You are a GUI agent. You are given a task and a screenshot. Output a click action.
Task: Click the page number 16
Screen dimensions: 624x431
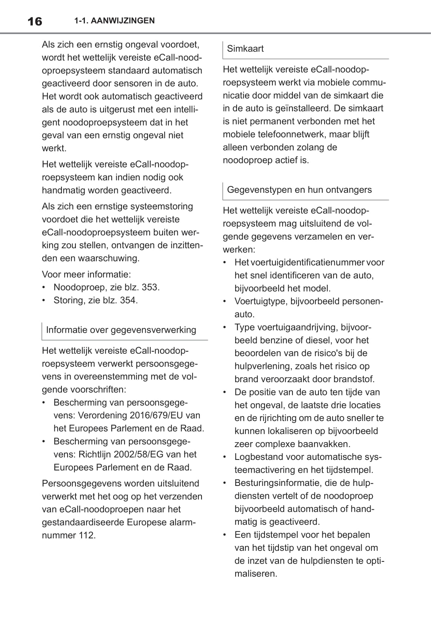[x=35, y=22]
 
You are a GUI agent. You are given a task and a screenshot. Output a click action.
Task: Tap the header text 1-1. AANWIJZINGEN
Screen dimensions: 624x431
[x=114, y=21]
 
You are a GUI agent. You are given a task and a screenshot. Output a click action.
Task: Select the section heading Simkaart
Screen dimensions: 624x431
[x=245, y=49]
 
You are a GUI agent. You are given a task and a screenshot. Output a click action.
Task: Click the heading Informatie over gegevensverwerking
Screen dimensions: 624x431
[x=121, y=330]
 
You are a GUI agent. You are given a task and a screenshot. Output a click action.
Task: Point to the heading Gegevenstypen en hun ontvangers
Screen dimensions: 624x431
[x=299, y=190]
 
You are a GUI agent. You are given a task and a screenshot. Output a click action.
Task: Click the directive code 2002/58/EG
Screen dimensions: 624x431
[x=147, y=454]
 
